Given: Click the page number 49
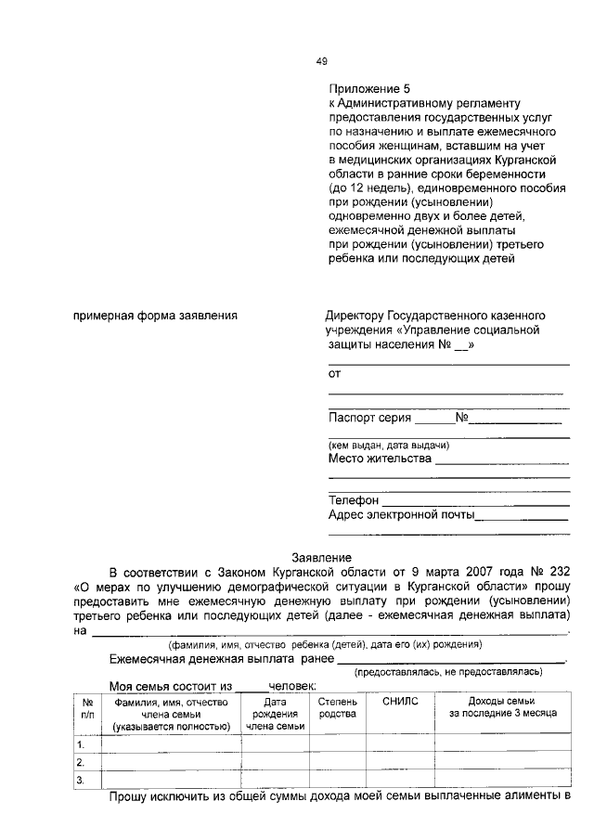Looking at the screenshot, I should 322,61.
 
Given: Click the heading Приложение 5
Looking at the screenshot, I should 366,88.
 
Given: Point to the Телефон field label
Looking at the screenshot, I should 354,500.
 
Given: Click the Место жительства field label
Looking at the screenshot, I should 380,459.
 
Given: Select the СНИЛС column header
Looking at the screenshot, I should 401,702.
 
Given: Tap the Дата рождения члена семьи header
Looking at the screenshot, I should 274,714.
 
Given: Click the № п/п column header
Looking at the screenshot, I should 86,707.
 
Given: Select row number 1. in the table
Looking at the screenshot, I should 82,744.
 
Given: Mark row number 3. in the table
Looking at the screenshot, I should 82,780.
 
